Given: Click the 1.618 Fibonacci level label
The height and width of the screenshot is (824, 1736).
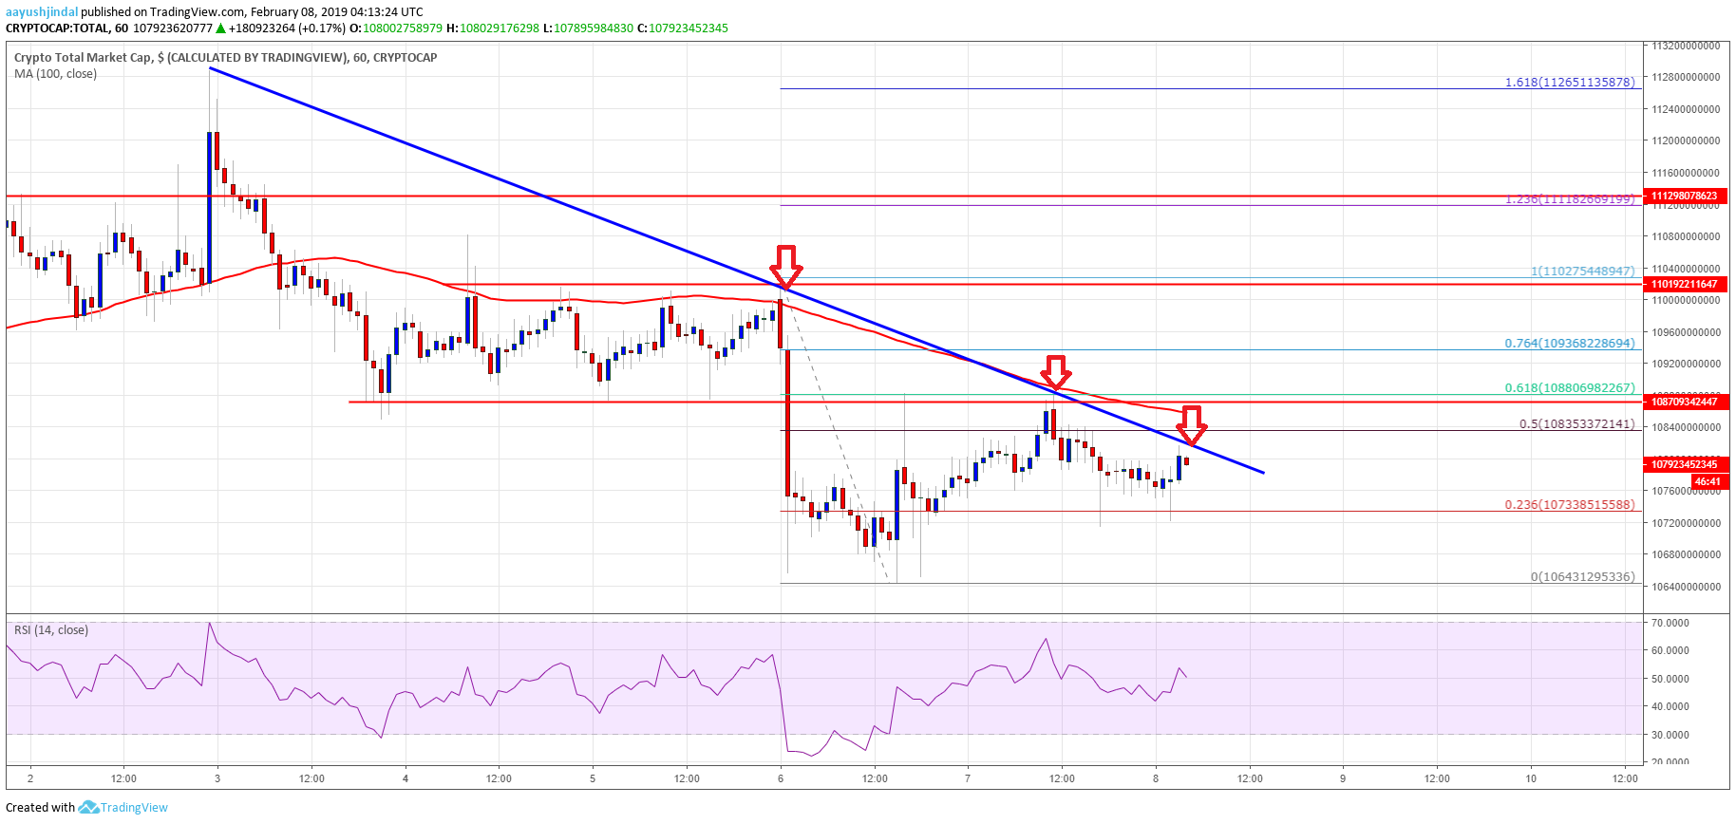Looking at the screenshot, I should pyautogui.click(x=1570, y=83).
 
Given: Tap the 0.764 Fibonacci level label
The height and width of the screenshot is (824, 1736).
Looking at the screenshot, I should pyautogui.click(x=1570, y=344).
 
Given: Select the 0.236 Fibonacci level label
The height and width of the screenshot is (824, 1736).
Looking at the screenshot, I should pyautogui.click(x=1570, y=505).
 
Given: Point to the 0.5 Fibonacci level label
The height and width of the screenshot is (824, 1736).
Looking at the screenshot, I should pyautogui.click(x=1576, y=424).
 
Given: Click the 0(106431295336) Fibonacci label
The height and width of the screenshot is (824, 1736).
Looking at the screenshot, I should pyautogui.click(x=1582, y=577).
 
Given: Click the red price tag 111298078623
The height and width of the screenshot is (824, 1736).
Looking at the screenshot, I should pyautogui.click(x=1684, y=196).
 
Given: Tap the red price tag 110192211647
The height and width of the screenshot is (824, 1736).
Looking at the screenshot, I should pyautogui.click(x=1684, y=284).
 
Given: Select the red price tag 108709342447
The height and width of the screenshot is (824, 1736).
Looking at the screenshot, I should pyautogui.click(x=1684, y=402).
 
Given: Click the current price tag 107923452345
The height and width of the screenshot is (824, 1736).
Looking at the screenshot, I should pyautogui.click(x=1684, y=464).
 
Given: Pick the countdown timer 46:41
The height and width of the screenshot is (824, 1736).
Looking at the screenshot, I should pyautogui.click(x=1707, y=481).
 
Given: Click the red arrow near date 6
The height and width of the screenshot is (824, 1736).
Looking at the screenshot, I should pyautogui.click(x=786, y=266).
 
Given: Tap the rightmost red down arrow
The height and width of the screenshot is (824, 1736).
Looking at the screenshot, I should pyautogui.click(x=1192, y=424).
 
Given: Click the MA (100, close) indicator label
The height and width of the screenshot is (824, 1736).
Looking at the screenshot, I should pyautogui.click(x=55, y=74).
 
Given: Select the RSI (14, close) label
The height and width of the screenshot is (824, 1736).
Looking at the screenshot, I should pyautogui.click(x=51, y=630).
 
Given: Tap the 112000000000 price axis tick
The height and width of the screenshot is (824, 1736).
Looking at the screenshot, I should pyautogui.click(x=1685, y=140).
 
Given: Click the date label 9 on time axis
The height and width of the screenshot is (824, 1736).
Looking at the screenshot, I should pyautogui.click(x=1343, y=778).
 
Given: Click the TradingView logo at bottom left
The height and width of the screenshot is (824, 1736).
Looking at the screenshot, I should pyautogui.click(x=123, y=808).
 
